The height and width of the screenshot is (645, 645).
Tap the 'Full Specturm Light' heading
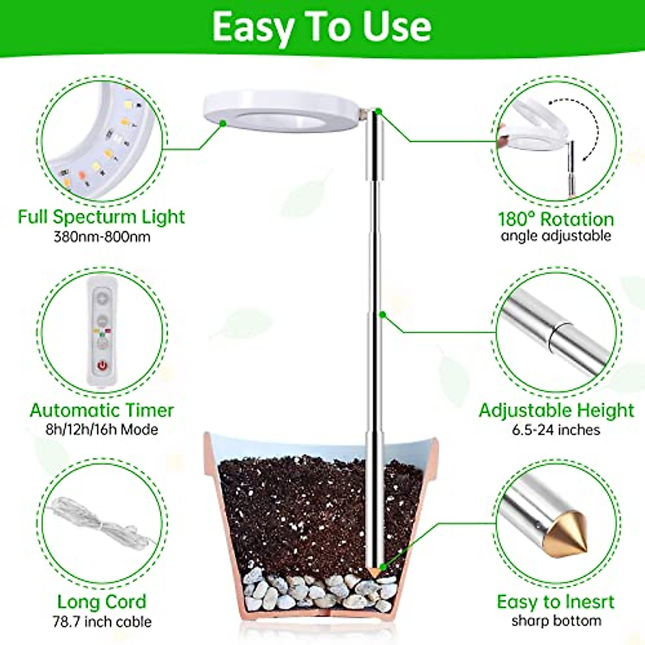click(102, 217)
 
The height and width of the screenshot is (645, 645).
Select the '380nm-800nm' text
click(102, 236)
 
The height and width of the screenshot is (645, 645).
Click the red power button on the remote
click(102, 365)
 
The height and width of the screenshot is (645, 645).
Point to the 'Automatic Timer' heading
click(102, 410)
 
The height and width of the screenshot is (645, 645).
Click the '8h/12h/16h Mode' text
click(102, 429)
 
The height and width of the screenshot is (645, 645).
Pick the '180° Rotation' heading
click(556, 219)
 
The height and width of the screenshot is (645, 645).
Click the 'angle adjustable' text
click(556, 236)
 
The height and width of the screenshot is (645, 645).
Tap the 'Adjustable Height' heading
click(556, 410)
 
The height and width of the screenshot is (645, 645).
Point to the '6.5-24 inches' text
click(556, 429)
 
